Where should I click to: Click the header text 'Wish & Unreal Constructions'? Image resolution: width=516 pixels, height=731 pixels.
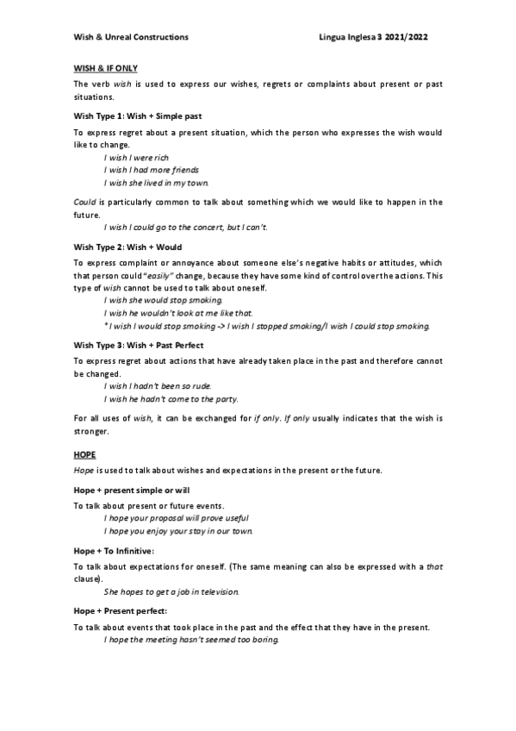tap(130, 37)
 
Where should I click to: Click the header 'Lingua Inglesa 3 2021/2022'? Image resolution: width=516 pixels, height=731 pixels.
tap(372, 37)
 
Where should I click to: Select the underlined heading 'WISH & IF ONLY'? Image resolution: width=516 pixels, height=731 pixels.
tap(106, 67)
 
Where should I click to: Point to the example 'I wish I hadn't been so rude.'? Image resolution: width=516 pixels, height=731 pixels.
tap(158, 386)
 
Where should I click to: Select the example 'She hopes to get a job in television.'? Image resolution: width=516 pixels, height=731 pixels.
tap(171, 592)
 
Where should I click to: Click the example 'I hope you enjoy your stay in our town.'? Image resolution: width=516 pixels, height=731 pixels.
tap(178, 531)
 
